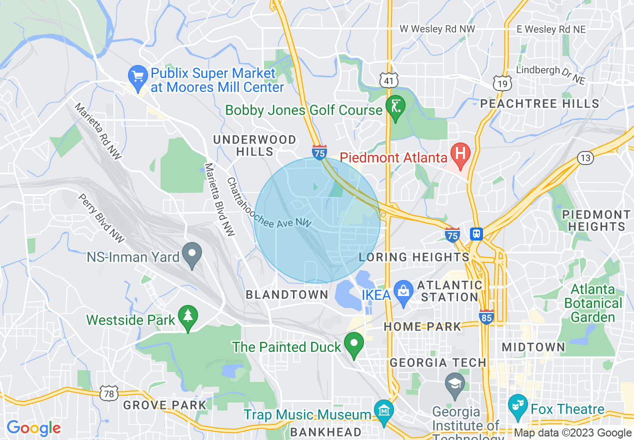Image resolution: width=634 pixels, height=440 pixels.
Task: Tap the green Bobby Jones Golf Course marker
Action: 395,107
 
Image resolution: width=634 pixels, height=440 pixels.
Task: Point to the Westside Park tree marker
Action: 188,316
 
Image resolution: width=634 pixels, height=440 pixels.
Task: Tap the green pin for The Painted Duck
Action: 354,343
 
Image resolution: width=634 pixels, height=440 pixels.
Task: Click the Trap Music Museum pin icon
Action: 383,411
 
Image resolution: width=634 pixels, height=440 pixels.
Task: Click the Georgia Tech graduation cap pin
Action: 455,383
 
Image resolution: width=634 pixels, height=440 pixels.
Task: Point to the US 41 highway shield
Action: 388,80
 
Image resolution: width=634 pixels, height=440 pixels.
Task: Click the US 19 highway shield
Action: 501,83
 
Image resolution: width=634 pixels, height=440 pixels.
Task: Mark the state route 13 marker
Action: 585,158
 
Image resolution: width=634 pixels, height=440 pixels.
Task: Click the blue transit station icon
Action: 476,234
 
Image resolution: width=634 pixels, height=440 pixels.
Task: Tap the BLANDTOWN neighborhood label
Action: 287,295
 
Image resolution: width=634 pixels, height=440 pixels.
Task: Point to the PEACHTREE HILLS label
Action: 539,103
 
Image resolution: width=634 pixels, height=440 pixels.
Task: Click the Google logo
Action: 33,427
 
